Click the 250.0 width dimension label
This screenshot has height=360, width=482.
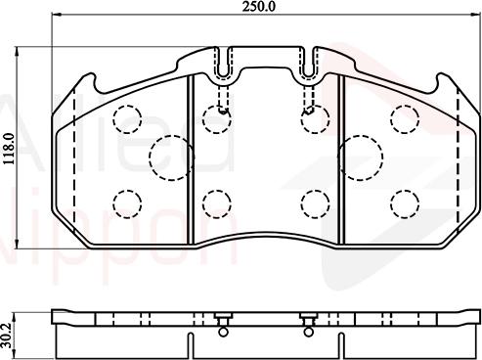tap(265, 7)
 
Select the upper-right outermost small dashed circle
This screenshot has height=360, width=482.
tap(402, 118)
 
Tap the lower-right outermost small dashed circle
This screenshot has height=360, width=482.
tap(402, 202)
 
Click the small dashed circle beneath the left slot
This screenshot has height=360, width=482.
tap(214, 118)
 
